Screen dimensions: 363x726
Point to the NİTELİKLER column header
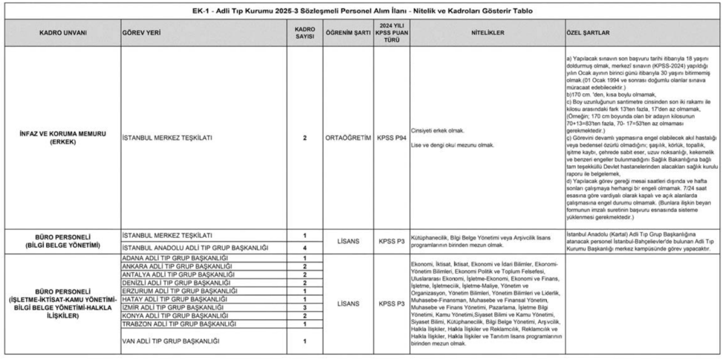pos(485,32)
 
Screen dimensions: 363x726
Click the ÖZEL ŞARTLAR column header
pos(587,32)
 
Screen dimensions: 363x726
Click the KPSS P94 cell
pos(390,137)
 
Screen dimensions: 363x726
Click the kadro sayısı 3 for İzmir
pos(305,307)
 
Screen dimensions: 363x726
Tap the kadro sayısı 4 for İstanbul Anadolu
pos(305,247)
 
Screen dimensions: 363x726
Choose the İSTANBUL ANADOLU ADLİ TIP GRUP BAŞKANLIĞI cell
pos(195,247)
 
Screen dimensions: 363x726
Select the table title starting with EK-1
pos(363,11)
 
